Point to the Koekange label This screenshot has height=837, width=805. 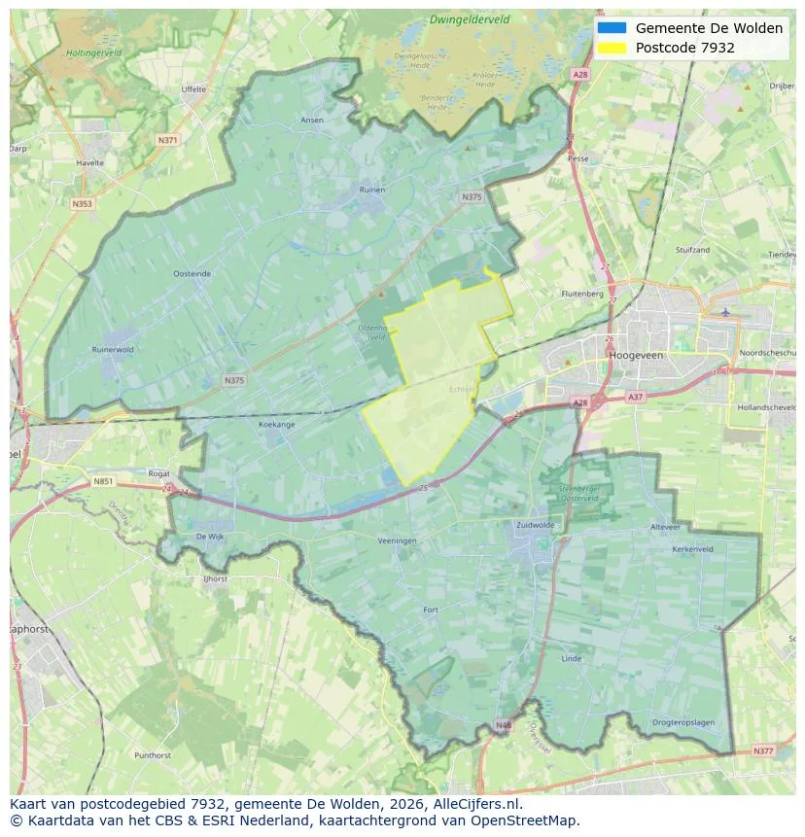click(x=276, y=425)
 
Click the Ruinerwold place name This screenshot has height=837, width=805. click(x=113, y=350)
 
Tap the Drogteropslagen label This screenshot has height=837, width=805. click(x=682, y=722)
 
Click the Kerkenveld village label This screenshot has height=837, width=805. click(x=692, y=549)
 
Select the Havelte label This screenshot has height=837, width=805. click(x=89, y=163)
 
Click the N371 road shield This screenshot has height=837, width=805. click(x=167, y=140)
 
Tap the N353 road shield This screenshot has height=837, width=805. click(x=82, y=204)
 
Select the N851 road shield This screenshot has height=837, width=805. click(x=103, y=481)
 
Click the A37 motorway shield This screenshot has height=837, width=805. click(x=635, y=397)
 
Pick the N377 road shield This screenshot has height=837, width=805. click(x=763, y=750)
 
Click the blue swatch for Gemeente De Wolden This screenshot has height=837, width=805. click(x=612, y=28)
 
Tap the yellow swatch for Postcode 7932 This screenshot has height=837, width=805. click(x=612, y=48)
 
